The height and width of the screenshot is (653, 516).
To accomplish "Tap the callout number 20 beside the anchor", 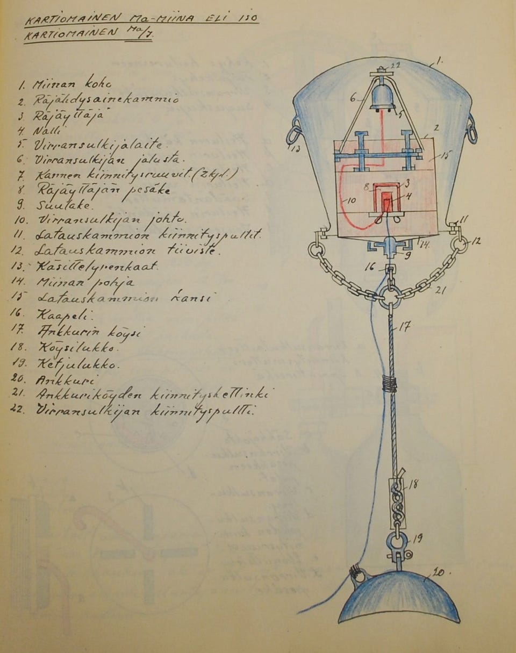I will tap(439, 573).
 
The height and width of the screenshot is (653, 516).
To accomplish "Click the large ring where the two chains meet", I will tap(390, 296).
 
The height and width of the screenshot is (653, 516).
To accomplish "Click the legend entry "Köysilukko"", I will tap(70, 347).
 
